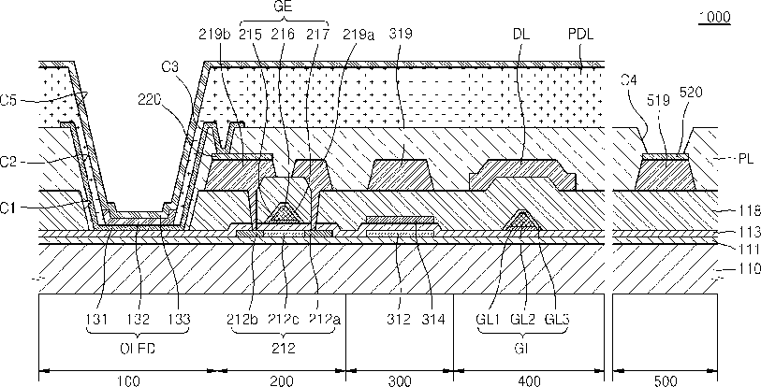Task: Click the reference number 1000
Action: point(714,17)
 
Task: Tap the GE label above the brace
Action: point(285,7)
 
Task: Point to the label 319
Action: point(401,35)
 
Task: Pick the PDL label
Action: point(581,35)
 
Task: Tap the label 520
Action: point(691,93)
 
